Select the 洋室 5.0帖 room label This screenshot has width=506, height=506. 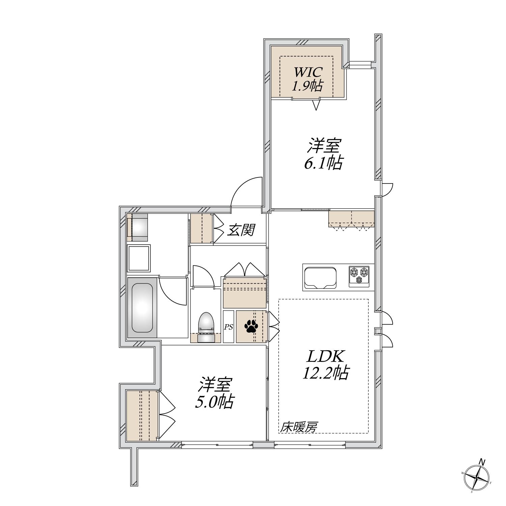[215, 393]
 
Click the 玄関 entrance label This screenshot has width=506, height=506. [240, 230]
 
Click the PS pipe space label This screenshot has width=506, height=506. [228, 327]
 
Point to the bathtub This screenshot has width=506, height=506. [142, 308]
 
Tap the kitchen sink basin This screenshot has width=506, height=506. [320, 278]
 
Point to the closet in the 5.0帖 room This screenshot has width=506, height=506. [142, 416]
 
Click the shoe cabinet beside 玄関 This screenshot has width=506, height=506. [201, 228]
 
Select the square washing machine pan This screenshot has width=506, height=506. [139, 258]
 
